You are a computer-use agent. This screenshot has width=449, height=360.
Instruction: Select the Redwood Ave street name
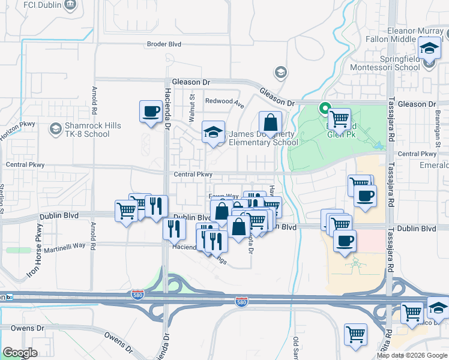[x=224, y=102]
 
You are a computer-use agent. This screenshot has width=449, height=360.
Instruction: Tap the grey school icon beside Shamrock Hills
[x=55, y=129]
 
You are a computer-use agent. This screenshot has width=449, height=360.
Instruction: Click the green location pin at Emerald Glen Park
[x=325, y=109]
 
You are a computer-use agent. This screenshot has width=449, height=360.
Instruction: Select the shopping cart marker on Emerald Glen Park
[x=339, y=119]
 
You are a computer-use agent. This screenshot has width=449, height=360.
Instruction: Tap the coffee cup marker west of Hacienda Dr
[x=151, y=111]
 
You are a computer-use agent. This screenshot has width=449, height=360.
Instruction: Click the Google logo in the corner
[x=20, y=353]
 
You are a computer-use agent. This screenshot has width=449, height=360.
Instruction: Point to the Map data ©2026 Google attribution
[x=412, y=355]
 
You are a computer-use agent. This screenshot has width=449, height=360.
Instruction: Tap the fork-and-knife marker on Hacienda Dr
[x=174, y=229]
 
